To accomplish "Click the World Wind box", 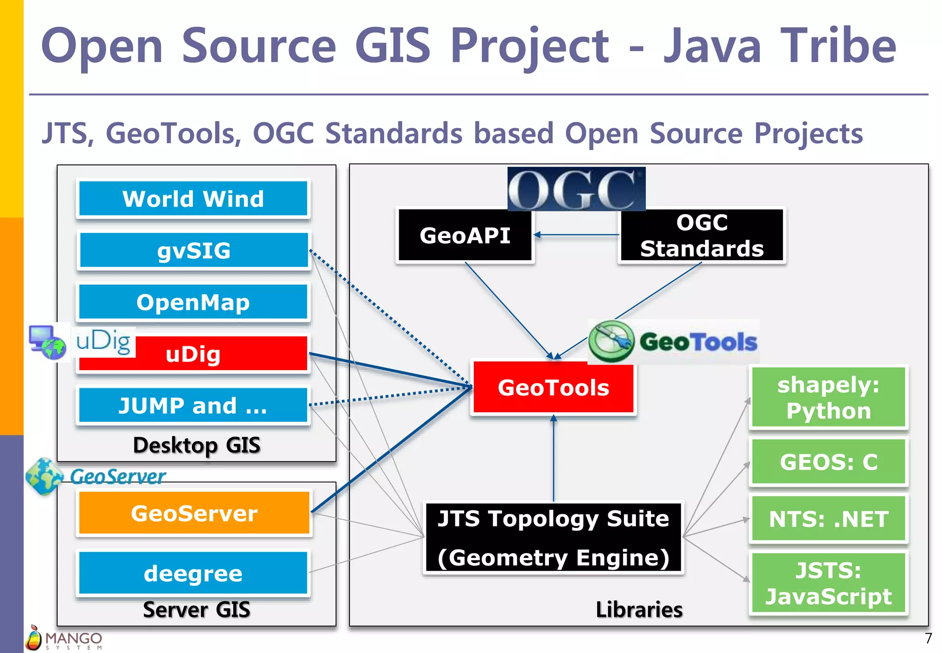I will click(x=193, y=199).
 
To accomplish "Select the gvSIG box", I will click(x=193, y=251).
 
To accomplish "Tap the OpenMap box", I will click(x=193, y=303).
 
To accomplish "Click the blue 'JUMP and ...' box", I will click(x=193, y=406).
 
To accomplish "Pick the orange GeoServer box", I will click(x=194, y=513).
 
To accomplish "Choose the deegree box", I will click(x=193, y=573).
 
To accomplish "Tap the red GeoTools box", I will click(x=553, y=388).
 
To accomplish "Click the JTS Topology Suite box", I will click(x=553, y=537).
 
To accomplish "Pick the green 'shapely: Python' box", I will click(x=828, y=397).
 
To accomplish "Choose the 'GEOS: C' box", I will click(x=828, y=462).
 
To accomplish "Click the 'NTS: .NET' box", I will click(x=828, y=519).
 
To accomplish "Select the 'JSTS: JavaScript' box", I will click(x=828, y=583).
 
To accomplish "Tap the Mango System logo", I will click(x=64, y=638).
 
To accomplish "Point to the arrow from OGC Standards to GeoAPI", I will click(x=576, y=235).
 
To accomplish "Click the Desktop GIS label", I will click(x=197, y=445).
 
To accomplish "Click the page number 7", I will click(x=928, y=638).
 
